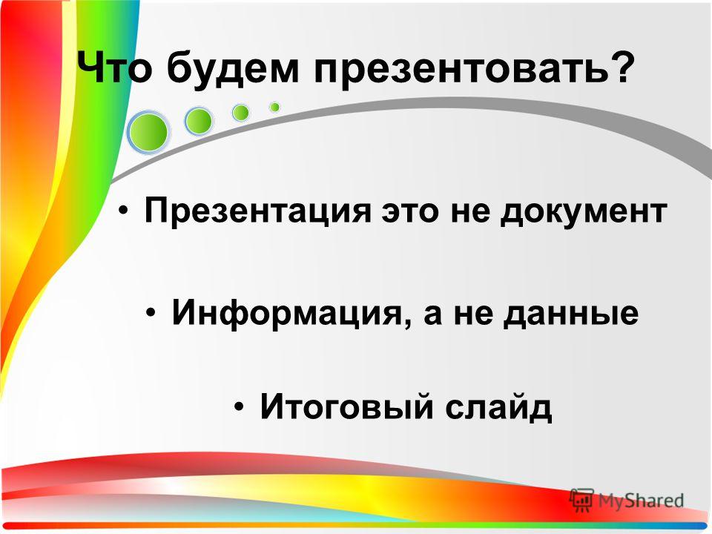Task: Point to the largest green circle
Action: click(x=148, y=132)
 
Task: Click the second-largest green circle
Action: click(x=199, y=121)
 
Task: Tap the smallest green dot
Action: click(x=274, y=107)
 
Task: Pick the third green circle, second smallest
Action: click(x=240, y=113)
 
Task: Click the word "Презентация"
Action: click(x=258, y=211)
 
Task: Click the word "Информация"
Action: click(x=287, y=313)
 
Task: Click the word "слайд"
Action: click(x=498, y=406)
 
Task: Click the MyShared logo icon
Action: click(x=582, y=499)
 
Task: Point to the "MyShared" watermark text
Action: click(x=640, y=501)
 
